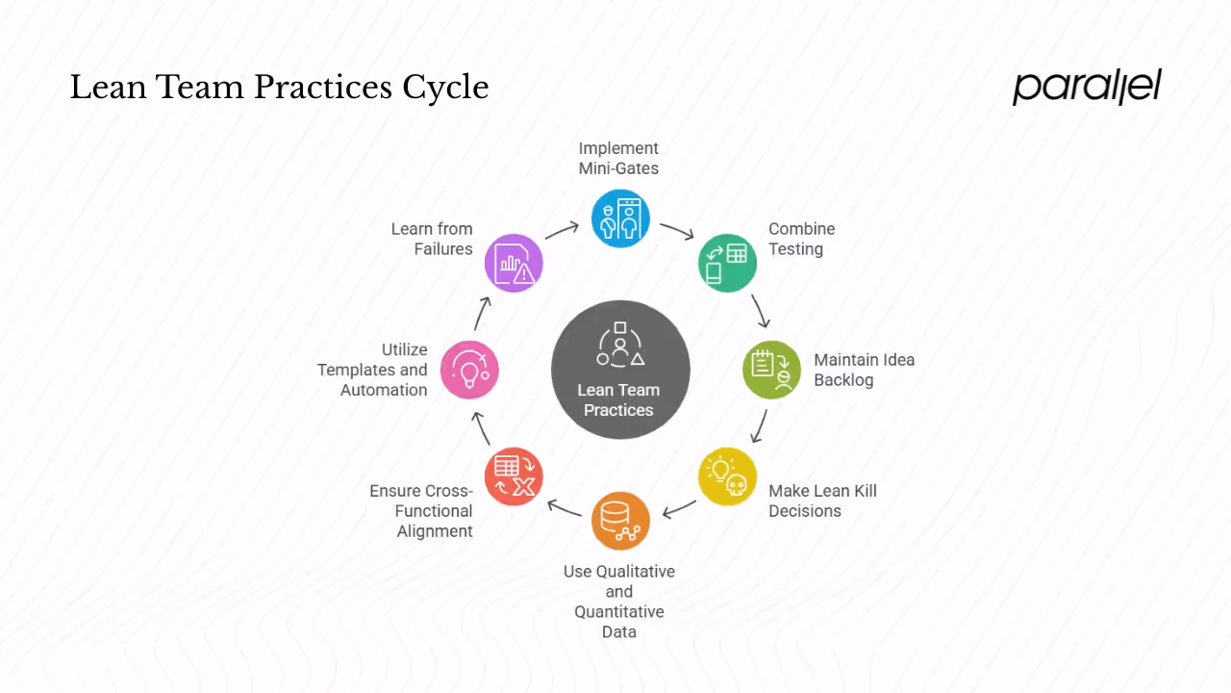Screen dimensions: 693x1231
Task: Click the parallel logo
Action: (x=1087, y=87)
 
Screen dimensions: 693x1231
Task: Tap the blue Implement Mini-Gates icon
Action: (x=620, y=218)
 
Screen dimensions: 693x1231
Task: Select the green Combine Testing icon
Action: (x=727, y=263)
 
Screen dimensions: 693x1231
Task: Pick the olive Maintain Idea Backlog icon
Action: (x=771, y=370)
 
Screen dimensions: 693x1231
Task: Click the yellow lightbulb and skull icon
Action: (x=727, y=476)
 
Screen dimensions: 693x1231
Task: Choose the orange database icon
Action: (x=620, y=521)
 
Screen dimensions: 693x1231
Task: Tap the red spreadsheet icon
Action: (x=514, y=476)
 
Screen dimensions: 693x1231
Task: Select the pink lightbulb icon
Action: (x=469, y=370)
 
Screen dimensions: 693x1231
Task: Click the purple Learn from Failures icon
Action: (x=514, y=263)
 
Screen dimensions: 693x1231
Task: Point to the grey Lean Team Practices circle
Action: (x=620, y=370)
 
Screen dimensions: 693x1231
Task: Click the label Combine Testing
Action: (x=801, y=239)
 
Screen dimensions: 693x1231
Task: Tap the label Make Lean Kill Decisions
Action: (x=822, y=500)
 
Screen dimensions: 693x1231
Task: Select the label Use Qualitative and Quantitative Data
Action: (x=619, y=601)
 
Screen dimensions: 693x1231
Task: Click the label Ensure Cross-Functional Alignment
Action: (x=421, y=510)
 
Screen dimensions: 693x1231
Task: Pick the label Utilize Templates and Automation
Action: (x=372, y=370)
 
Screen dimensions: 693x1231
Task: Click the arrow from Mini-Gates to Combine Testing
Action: (x=677, y=232)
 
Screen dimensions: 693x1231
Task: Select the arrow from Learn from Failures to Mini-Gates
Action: (x=563, y=231)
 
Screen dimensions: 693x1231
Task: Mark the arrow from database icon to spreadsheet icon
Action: (x=565, y=507)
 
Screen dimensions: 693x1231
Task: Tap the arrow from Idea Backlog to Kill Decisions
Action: (x=760, y=425)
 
